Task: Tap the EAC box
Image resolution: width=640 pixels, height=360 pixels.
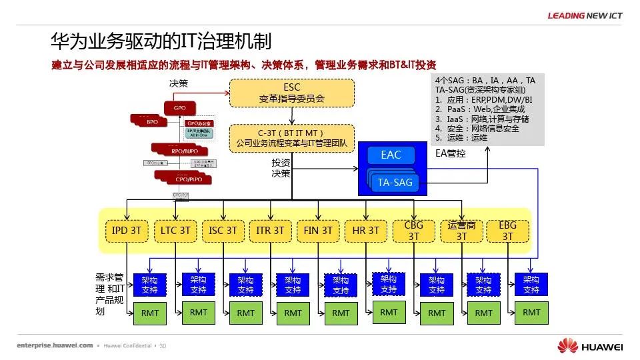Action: pos(391,155)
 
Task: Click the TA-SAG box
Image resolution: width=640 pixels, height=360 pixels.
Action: pos(395,182)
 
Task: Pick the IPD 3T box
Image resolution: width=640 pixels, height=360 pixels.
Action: pos(126,231)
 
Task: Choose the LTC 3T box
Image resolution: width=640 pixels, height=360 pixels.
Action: pos(175,231)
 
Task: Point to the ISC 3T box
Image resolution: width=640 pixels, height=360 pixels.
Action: pos(222,231)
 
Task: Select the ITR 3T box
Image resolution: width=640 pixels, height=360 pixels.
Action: pos(270,231)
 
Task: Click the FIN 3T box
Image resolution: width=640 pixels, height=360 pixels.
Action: pos(317,231)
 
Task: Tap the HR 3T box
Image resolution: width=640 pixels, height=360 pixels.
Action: pos(365,231)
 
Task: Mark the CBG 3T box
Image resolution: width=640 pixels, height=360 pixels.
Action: pos(413,231)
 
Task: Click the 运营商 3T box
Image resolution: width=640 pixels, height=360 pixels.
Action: pos(461,231)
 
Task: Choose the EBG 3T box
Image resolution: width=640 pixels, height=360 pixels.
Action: pos(508,231)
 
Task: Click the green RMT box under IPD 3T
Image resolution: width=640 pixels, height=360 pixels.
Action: pos(150,313)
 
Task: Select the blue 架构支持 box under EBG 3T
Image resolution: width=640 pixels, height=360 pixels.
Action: pos(531,285)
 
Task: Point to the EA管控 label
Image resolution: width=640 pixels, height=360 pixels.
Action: pos(451,153)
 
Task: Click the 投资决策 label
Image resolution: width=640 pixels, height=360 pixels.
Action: pos(281,168)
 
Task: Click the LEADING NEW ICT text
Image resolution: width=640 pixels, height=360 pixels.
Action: pos(585,15)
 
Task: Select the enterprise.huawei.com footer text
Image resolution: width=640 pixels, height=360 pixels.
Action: pos(55,345)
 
